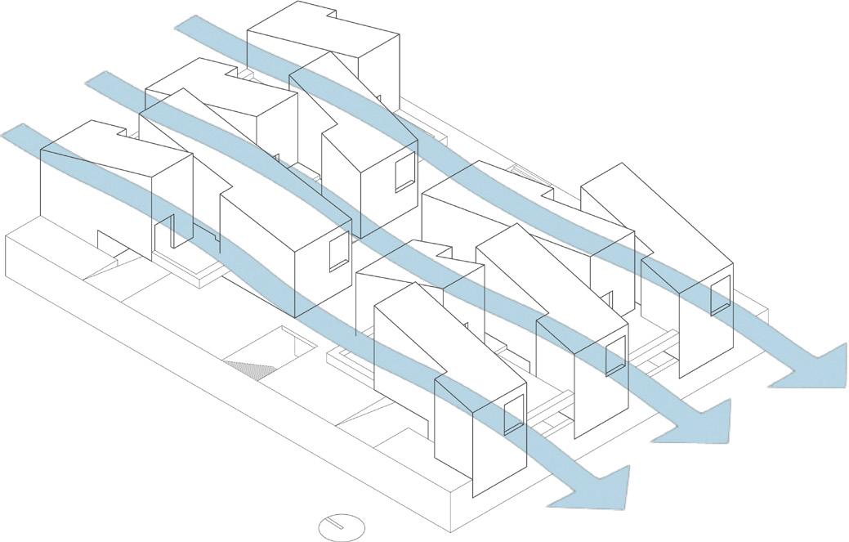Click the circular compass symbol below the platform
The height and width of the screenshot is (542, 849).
[342, 526]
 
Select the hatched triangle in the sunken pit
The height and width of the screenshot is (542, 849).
[250, 370]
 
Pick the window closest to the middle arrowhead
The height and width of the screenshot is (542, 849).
[615, 356]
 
